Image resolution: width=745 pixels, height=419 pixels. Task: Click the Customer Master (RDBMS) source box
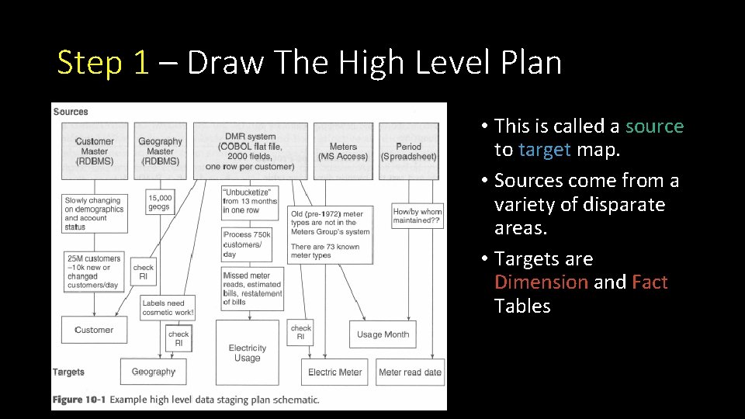[94, 151]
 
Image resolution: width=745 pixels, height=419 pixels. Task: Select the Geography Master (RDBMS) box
[160, 151]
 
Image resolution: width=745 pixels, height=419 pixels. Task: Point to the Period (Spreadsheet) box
[408, 151]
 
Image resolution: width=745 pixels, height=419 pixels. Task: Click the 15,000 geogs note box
[160, 203]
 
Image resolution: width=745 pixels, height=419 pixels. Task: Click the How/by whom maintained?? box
[418, 216]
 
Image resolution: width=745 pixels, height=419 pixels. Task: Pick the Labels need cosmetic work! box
[168, 307]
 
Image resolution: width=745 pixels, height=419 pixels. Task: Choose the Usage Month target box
[383, 334]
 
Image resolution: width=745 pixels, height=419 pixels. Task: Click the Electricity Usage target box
[248, 353]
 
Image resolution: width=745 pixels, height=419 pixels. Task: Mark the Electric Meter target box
[335, 372]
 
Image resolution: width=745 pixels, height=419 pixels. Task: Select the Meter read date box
[410, 372]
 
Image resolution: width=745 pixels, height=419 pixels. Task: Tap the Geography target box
[154, 372]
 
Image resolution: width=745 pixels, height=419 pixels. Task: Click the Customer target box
[94, 330]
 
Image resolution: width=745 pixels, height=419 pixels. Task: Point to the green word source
[654, 126]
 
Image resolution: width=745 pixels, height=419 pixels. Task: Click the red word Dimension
[541, 282]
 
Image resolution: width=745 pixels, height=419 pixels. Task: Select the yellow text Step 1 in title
[102, 63]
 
